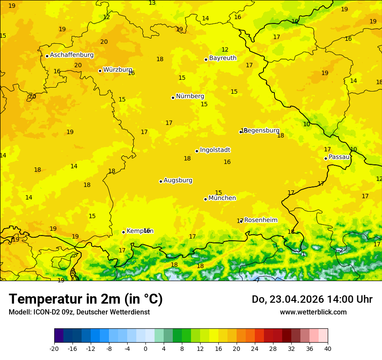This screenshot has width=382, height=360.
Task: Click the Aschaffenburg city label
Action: tap(72, 55)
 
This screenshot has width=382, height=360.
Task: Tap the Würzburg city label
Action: tap(117, 70)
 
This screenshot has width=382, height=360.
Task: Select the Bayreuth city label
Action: tap(223, 58)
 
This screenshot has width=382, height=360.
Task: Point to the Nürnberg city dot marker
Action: tap(173, 98)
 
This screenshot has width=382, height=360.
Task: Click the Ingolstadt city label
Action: tap(215, 150)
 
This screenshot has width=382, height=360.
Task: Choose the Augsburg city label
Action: tap(178, 180)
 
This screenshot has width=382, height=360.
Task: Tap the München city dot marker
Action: tap(205, 199)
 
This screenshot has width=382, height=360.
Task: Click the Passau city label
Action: tap(339, 157)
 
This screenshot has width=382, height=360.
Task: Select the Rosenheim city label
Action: tap(260, 220)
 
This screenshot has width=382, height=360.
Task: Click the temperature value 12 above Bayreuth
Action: tap(225, 50)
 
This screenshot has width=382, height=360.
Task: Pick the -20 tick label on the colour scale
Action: tap(54, 348)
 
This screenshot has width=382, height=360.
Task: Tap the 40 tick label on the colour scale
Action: tap(328, 348)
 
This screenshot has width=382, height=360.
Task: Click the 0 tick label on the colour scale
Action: tap(145, 348)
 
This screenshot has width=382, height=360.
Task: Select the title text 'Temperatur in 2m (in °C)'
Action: tap(86, 299)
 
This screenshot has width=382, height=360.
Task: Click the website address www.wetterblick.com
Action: tap(313, 312)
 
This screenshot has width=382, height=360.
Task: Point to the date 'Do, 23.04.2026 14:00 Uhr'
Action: tap(312, 299)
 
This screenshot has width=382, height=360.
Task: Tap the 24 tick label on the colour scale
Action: tap(255, 348)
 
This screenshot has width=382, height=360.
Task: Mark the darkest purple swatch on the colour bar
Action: tap(59, 336)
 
